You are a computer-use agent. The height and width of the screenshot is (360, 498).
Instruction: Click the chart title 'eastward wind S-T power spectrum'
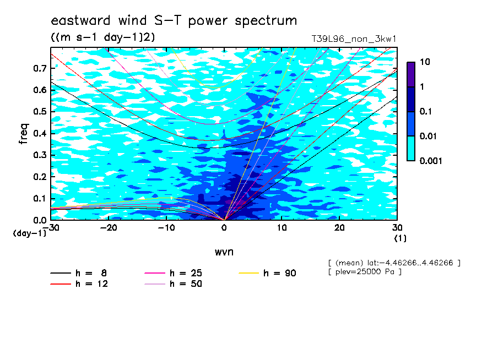coord(174,20)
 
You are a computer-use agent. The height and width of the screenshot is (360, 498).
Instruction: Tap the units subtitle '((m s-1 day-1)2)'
coord(103,37)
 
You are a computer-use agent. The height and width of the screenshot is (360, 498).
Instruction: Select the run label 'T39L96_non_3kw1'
coord(354,39)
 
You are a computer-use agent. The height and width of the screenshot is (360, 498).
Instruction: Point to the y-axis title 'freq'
coord(24,134)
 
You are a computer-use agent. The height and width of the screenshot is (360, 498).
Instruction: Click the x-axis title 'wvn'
coord(224,252)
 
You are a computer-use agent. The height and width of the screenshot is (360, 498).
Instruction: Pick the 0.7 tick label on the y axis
coord(40,68)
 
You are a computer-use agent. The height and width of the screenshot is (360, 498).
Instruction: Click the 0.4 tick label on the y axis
coord(40,133)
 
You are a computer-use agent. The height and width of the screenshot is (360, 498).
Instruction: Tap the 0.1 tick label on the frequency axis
coord(40,198)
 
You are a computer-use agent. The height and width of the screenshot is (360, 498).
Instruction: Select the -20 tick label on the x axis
coord(109,228)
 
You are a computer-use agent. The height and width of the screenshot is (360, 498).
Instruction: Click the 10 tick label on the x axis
coord(282,228)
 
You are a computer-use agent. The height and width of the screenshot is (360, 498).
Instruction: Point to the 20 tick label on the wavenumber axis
coord(339,228)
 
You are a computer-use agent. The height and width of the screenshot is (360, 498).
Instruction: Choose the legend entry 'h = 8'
coord(79,273)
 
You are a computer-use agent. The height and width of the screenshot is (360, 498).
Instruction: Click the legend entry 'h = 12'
coord(79,283)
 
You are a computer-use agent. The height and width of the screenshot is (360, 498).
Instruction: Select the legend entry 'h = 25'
coord(174,273)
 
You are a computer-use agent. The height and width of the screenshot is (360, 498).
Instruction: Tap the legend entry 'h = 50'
coord(174,283)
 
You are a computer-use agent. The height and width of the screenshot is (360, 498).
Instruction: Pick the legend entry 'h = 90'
coord(267,273)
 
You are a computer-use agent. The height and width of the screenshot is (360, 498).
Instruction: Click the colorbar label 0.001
coord(431,161)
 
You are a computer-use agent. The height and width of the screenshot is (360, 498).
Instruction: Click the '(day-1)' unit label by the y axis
coord(29,233)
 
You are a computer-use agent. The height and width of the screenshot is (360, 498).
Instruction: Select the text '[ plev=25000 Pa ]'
coord(365,272)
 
